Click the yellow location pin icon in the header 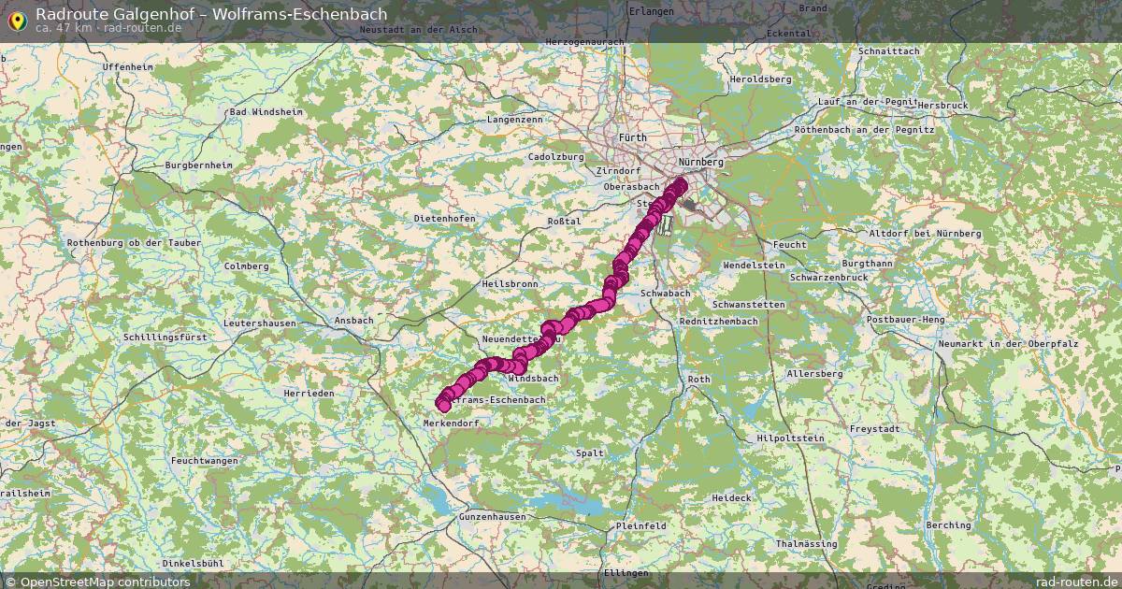pyautogui.click(x=17, y=20)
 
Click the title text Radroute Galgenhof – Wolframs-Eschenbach pyautogui.click(x=210, y=14)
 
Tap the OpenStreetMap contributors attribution pyautogui.click(x=97, y=582)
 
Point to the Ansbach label pyautogui.click(x=353, y=320)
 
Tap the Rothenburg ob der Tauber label pyautogui.click(x=122, y=243)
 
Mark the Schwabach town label pyautogui.click(x=666, y=294)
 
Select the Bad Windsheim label pyautogui.click(x=266, y=112)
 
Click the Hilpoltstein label pyautogui.click(x=790, y=438)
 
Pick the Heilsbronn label pyautogui.click(x=510, y=283)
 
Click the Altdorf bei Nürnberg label pyautogui.click(x=925, y=233)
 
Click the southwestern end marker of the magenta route pyautogui.click(x=443, y=403)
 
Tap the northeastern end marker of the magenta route pyautogui.click(x=680, y=184)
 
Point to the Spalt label pyautogui.click(x=590, y=453)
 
